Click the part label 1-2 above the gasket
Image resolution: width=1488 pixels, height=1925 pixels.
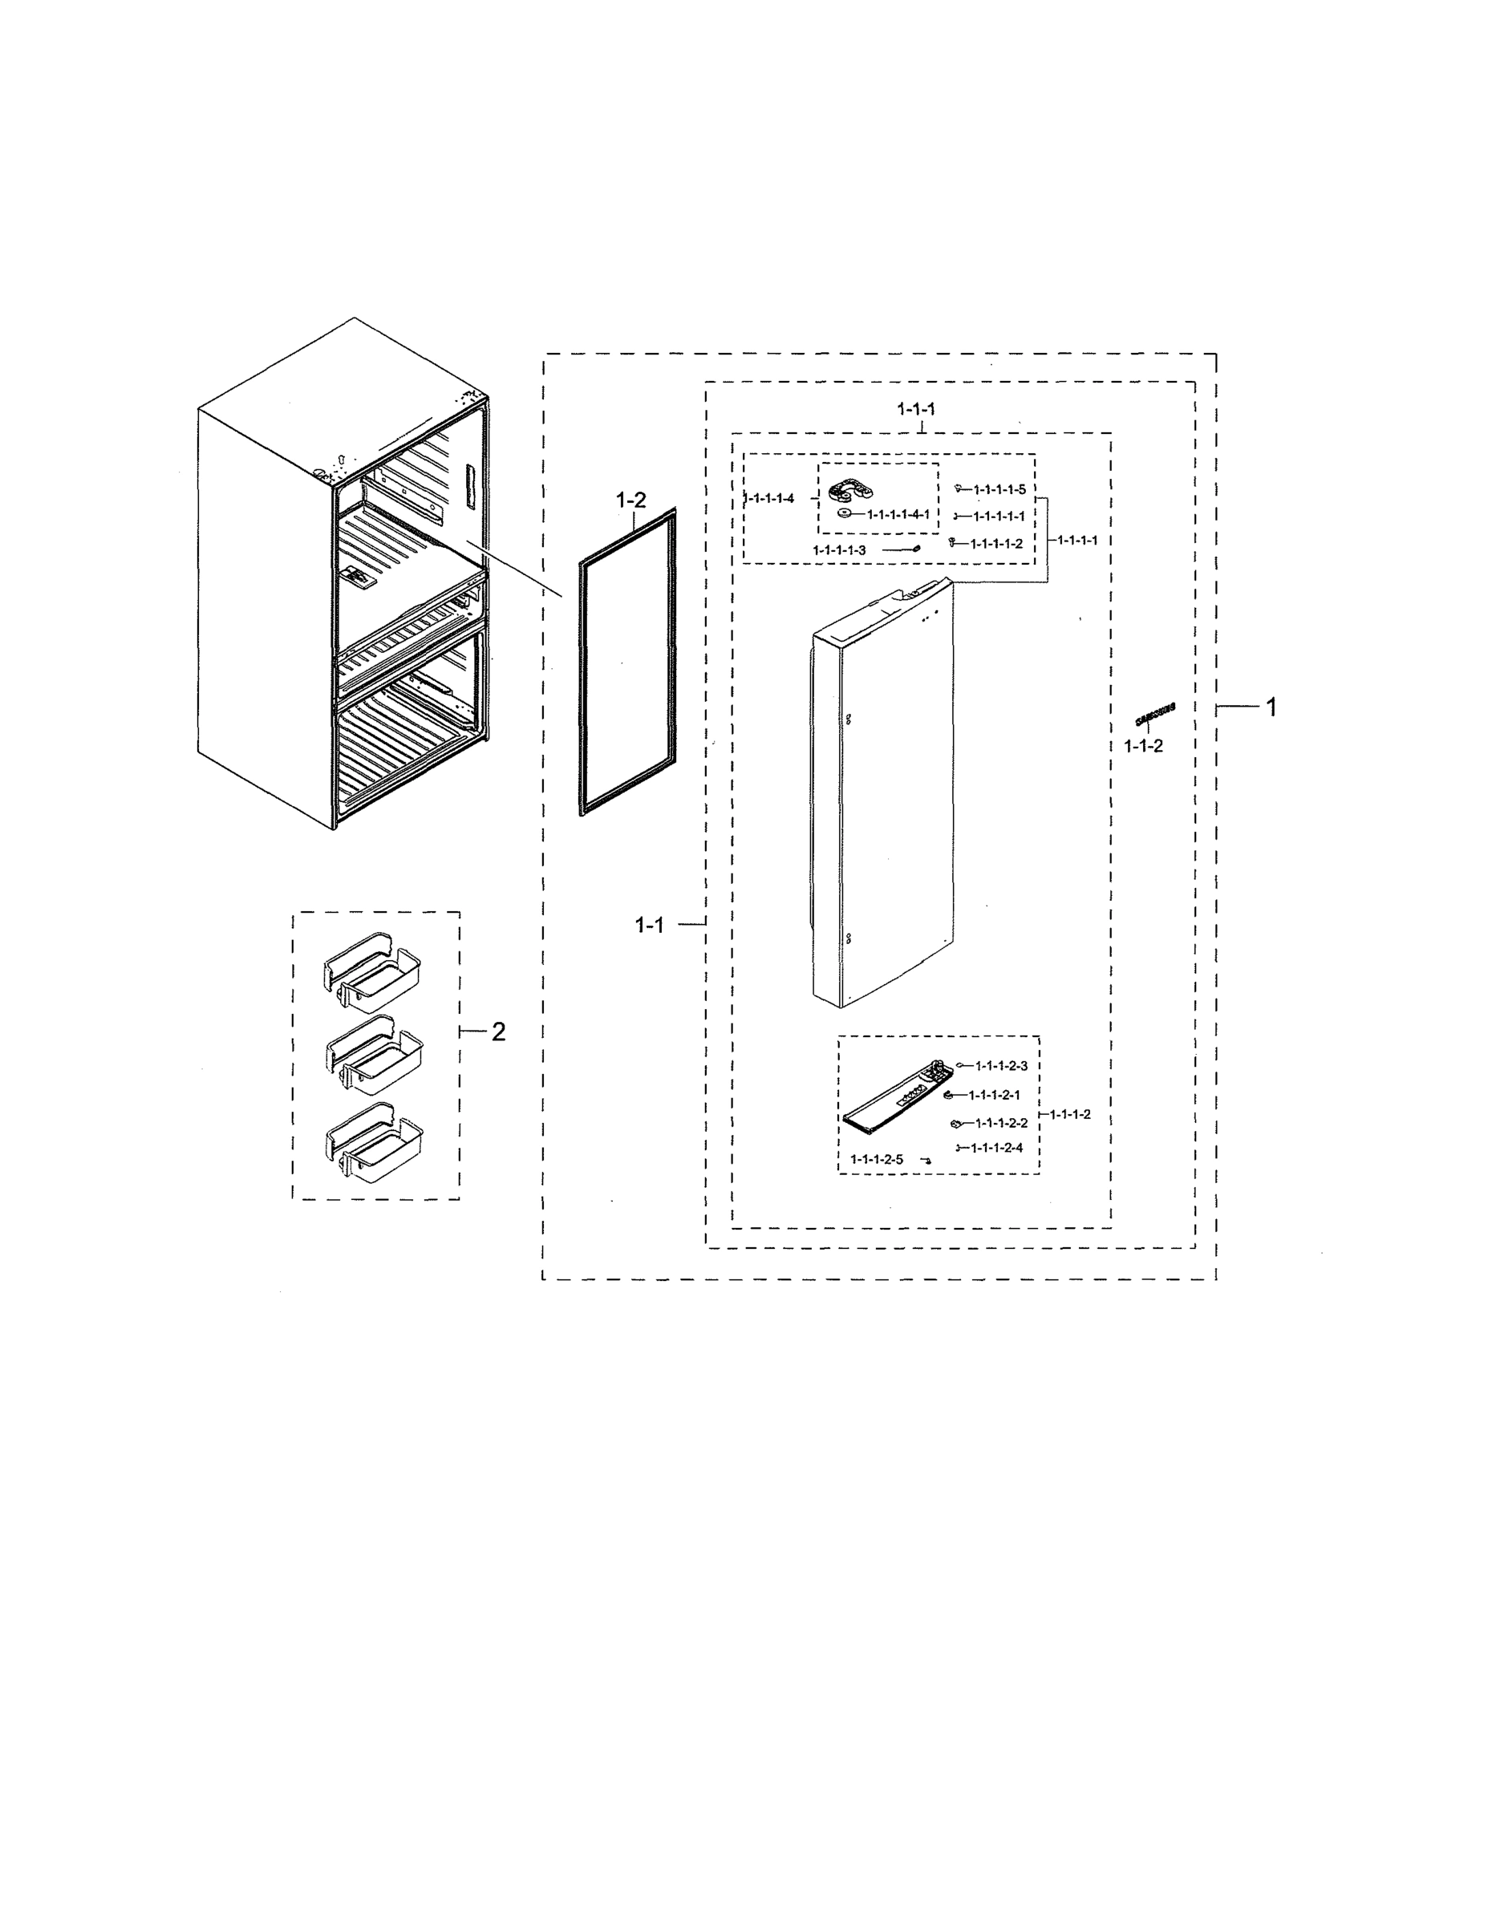point(630,500)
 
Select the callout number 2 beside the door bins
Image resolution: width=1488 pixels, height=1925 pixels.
point(498,1031)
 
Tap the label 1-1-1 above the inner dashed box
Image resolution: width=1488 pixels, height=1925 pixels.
point(916,409)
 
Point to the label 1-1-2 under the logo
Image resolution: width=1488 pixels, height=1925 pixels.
point(1143,746)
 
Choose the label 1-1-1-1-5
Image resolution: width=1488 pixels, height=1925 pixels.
point(999,489)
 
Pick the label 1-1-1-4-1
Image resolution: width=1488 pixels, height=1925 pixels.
point(898,514)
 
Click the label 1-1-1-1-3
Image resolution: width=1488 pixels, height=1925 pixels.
point(839,550)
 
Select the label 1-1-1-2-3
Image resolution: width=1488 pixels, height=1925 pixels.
point(1000,1066)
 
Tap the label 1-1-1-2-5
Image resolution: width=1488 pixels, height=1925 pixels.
point(876,1160)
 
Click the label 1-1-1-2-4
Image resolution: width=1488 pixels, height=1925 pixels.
point(996,1148)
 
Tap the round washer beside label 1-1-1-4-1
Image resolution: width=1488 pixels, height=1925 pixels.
point(845,514)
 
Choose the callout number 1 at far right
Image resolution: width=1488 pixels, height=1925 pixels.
point(1271,707)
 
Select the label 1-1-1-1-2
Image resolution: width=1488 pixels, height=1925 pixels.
point(996,544)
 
